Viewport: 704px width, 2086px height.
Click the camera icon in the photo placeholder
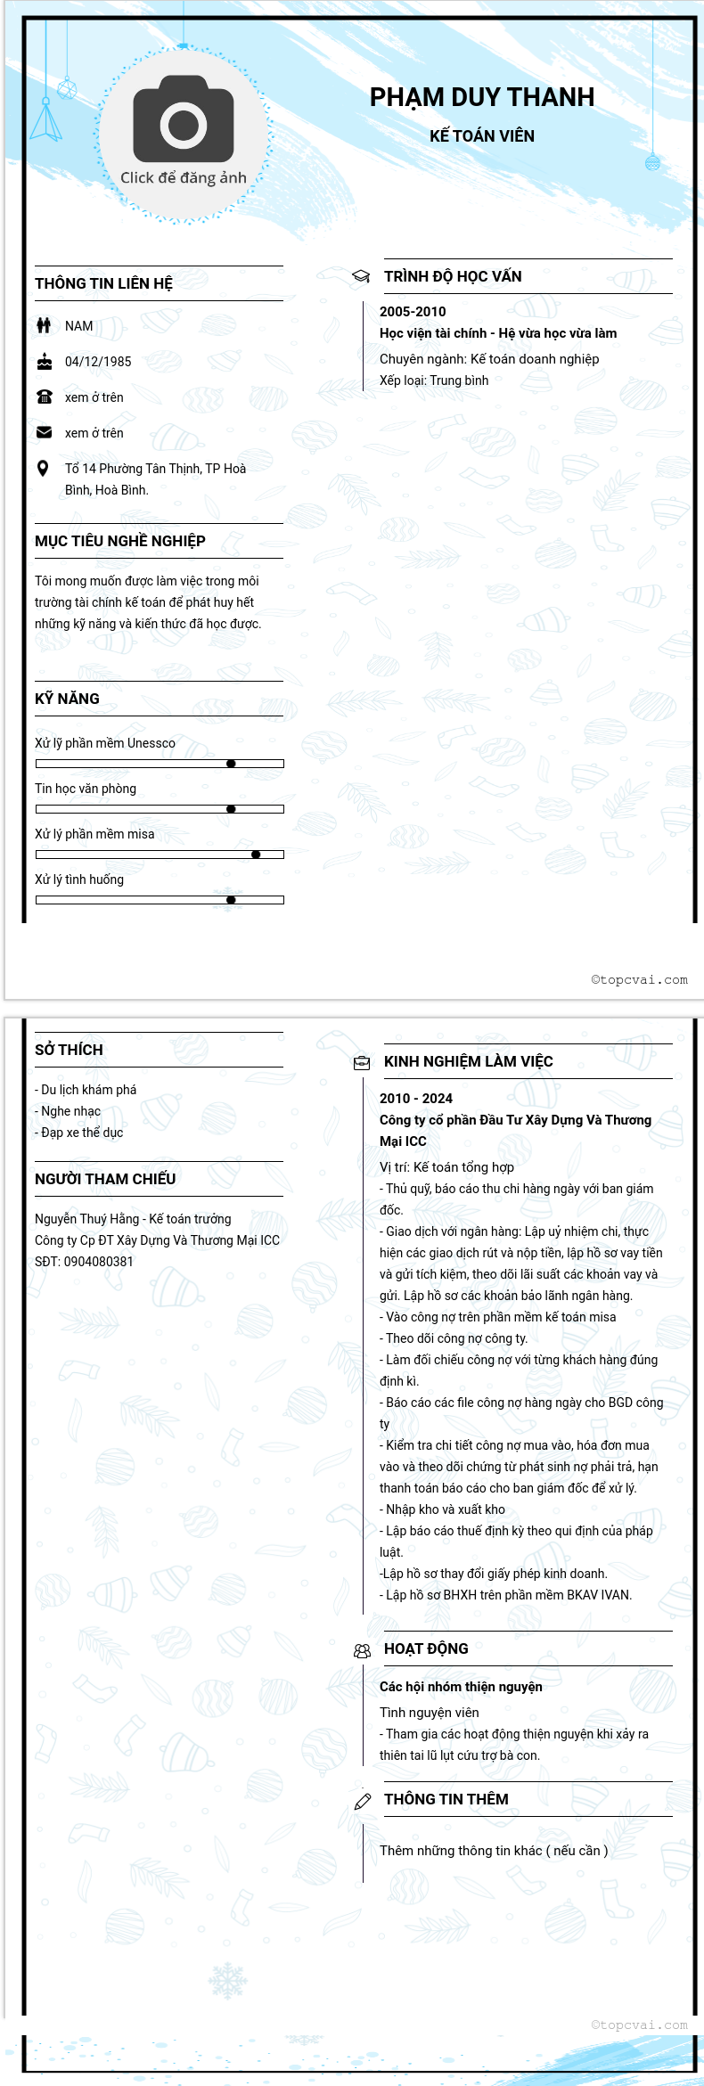[184, 119]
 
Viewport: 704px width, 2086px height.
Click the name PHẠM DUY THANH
[481, 97]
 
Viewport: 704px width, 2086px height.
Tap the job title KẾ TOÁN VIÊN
[481, 136]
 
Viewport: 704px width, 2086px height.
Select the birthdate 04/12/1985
[98, 362]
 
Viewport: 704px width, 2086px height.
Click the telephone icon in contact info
[44, 397]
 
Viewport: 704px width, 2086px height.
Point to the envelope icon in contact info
[44, 432]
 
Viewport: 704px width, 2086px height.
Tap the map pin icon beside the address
[43, 469]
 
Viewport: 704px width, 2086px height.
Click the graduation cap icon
[361, 277]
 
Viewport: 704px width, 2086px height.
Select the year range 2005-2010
[413, 312]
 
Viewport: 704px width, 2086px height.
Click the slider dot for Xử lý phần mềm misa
[256, 855]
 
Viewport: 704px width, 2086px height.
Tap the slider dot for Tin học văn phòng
[231, 809]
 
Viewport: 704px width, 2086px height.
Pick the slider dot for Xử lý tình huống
[231, 900]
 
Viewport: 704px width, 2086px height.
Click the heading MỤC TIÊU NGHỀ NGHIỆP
[120, 542]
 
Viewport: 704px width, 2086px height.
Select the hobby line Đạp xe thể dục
[81, 1133]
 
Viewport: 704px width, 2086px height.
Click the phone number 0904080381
[98, 1262]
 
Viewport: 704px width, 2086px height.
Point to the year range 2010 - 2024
[416, 1099]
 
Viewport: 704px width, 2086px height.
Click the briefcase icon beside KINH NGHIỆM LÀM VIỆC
[362, 1062]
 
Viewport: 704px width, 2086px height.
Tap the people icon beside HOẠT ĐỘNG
[362, 1651]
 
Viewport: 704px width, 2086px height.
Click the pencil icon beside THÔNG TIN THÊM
[363, 1802]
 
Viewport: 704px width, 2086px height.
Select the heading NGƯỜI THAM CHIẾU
[105, 1179]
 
